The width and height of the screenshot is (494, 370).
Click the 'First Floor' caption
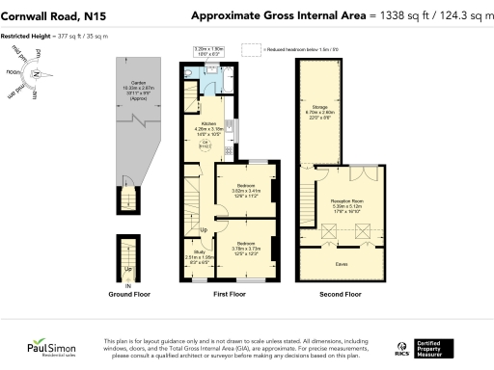click(x=226, y=294)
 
